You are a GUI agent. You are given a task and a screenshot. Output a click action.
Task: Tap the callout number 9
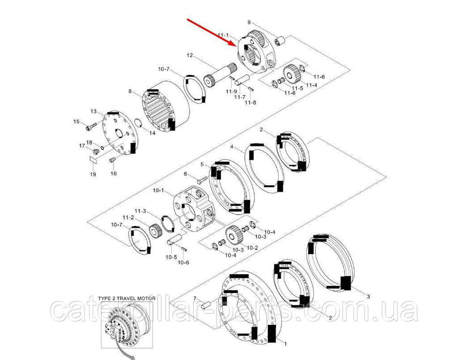pos(249,22)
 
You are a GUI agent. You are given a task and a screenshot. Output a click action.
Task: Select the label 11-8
pos(250,102)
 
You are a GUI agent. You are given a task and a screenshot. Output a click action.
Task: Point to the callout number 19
pos(93,174)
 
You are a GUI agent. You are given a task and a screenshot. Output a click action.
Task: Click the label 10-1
pos(159,190)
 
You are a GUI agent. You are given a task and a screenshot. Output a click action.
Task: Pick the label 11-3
pos(140,211)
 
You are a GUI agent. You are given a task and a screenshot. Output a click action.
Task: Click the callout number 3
pos(369,296)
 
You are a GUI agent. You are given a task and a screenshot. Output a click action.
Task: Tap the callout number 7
pos(195,299)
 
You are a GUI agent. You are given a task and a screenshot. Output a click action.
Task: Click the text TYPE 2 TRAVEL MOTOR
pos(127,298)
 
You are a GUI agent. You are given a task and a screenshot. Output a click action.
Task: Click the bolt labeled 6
pos(202,180)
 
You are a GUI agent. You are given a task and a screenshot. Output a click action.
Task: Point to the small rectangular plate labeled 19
pos(94,159)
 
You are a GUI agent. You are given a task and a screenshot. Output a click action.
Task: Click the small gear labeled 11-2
pos(155,231)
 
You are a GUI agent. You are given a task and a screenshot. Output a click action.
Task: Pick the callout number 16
pos(113,173)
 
